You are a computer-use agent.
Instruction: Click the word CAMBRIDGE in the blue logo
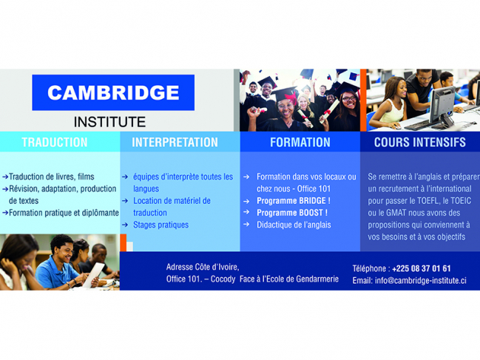113,92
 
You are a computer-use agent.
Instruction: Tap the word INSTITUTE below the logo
109,122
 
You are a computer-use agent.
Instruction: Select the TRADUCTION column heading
55,142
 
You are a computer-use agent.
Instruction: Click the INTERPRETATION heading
175,142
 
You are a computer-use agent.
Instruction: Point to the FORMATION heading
300,142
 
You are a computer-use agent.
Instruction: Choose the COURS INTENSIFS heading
419,142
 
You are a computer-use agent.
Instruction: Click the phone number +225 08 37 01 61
422,268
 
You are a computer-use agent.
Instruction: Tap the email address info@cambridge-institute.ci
421,280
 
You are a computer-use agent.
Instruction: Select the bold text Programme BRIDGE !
294,200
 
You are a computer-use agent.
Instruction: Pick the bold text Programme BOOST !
292,213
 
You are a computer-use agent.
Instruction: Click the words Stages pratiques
160,225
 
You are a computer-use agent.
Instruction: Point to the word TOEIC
461,200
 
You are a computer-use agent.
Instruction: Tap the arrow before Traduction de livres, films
5,177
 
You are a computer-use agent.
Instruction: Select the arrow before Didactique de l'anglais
246,225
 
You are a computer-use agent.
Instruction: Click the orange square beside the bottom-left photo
123,242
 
